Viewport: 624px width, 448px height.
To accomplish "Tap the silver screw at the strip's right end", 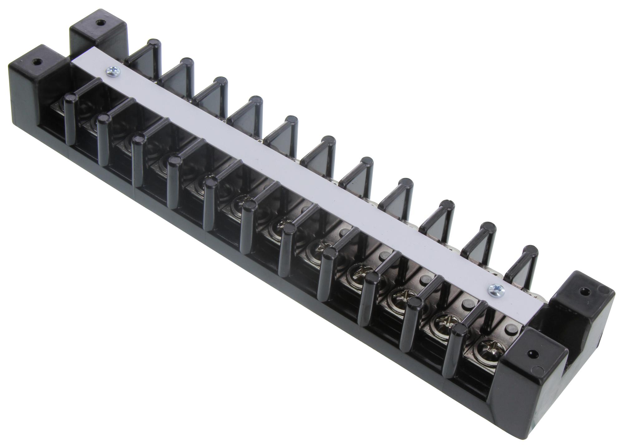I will click(494, 289).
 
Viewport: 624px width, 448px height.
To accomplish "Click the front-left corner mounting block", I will click(34, 78).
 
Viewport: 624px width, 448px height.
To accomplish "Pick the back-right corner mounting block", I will click(583, 309).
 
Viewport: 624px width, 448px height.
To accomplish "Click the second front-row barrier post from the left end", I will click(103, 139).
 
